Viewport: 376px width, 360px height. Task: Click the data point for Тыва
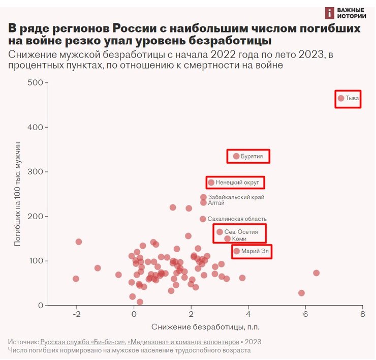tap(341, 98)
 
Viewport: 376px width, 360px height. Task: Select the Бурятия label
tap(252, 157)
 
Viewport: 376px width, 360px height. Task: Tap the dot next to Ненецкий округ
tap(211, 182)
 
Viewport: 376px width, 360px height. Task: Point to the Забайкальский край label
tap(236, 197)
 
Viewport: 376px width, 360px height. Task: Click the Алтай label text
tap(216, 203)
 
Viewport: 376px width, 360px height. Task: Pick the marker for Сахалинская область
tap(203, 219)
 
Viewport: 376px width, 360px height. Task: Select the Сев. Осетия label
tap(241, 232)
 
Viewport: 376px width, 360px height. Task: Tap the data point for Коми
tap(227, 238)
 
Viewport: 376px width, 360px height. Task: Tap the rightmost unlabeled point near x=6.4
tap(316, 273)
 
